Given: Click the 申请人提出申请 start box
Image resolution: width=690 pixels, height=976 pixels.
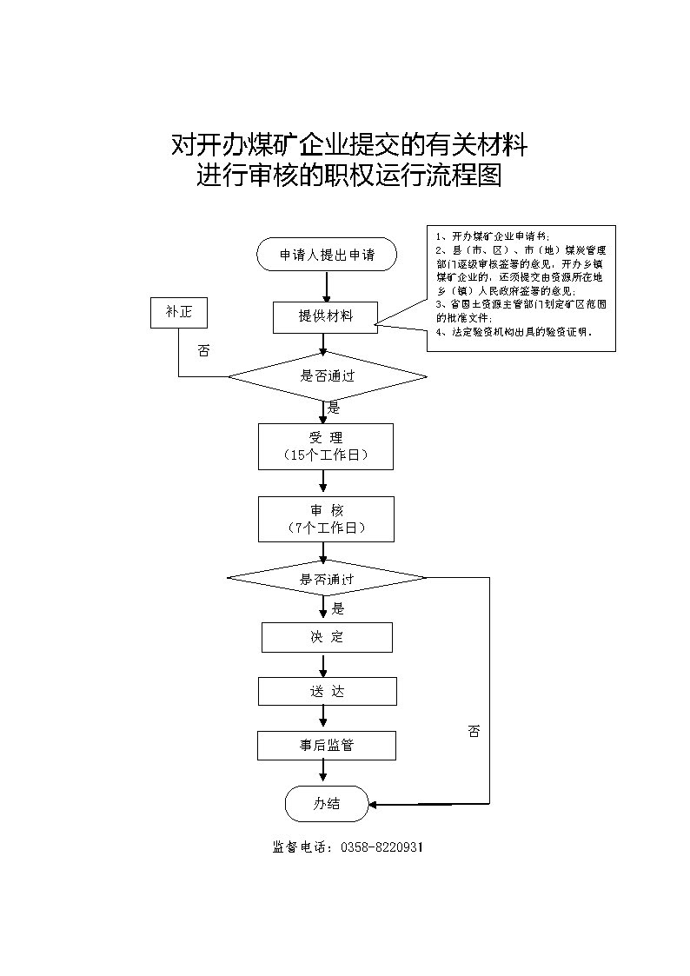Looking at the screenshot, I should click(327, 255).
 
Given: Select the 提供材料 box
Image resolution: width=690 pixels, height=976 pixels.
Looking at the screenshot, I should click(326, 316).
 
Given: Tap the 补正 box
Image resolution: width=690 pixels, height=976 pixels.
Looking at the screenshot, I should click(178, 312).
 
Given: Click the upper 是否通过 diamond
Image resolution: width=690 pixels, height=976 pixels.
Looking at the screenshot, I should click(328, 376).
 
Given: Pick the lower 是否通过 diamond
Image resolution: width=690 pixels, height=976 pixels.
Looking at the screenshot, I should click(327, 578).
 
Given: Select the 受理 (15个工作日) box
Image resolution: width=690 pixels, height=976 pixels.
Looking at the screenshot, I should click(326, 446).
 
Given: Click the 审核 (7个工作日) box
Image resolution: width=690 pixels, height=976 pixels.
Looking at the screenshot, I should click(326, 519).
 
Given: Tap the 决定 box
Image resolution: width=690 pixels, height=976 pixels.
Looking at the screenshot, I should click(327, 637).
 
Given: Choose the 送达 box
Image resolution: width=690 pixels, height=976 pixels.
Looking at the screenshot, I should click(327, 692).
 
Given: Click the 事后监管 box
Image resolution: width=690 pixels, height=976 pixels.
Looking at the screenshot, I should click(326, 746).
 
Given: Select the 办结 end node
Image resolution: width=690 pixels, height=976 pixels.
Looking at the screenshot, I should click(327, 804).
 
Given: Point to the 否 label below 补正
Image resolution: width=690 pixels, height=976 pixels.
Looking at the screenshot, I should click(203, 351).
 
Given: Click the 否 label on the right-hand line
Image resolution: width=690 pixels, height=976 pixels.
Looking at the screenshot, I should click(474, 732).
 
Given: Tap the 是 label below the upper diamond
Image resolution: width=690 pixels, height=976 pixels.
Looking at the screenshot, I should click(334, 408).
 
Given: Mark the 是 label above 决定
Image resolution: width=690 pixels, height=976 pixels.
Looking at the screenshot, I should click(338, 608).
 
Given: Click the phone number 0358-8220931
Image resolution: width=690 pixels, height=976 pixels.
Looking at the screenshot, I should click(381, 847).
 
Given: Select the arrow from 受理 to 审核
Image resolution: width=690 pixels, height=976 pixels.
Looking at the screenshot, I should click(323, 482).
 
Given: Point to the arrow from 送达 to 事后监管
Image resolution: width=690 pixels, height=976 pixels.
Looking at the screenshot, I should click(323, 718).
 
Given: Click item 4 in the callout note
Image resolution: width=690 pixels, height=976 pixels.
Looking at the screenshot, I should click(514, 332).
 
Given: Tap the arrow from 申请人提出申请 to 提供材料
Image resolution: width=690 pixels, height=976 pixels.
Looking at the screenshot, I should click(327, 286).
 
